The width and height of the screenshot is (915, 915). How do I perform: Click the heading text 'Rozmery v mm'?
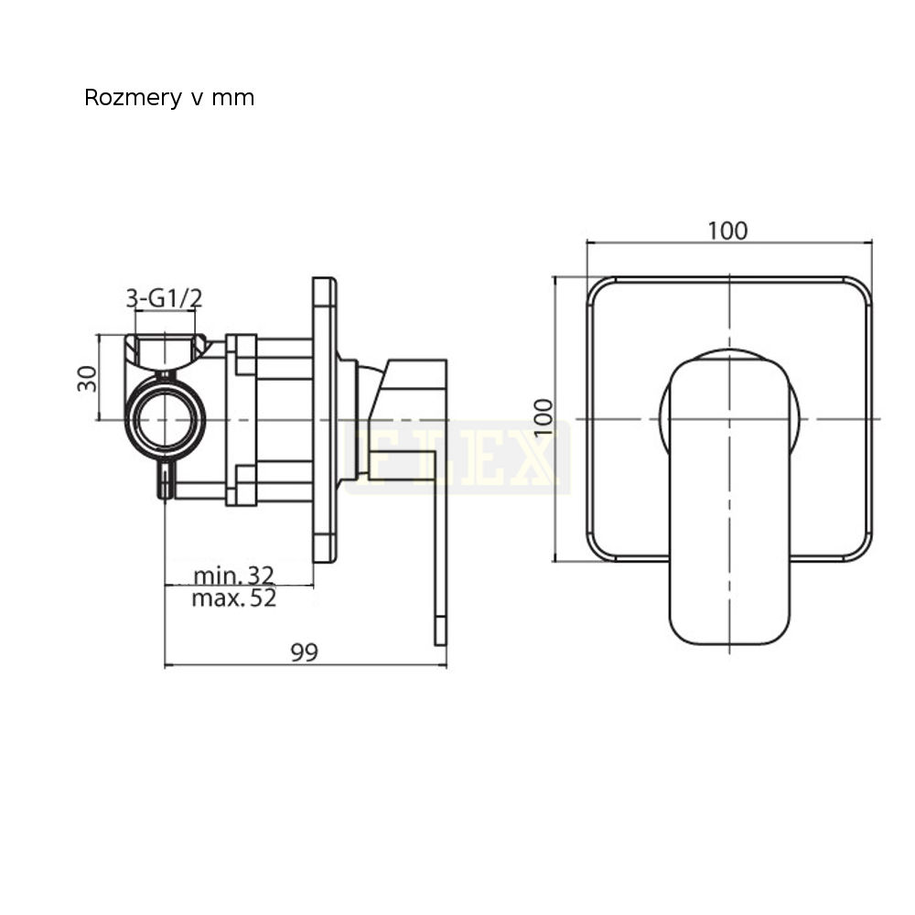pyautogui.click(x=169, y=98)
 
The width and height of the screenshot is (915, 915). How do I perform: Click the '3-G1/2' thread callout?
pyautogui.click(x=164, y=298)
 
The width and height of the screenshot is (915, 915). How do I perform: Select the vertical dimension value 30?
pyautogui.click(x=87, y=378)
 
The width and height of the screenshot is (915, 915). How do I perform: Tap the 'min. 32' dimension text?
pyautogui.click(x=233, y=576)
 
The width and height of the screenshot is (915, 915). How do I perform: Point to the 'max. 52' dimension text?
pyautogui.click(x=233, y=598)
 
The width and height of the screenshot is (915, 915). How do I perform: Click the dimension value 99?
pyautogui.click(x=305, y=652)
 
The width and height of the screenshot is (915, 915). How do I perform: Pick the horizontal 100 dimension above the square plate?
pyautogui.click(x=727, y=231)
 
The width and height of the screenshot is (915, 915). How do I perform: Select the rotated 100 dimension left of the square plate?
pyautogui.click(x=543, y=416)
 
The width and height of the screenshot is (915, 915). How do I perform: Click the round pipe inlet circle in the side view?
pyautogui.click(x=165, y=420)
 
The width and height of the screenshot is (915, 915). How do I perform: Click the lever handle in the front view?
pyautogui.click(x=729, y=501)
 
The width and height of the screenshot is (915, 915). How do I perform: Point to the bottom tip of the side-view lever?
pyautogui.click(x=440, y=645)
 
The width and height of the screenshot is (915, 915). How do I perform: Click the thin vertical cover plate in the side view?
pyautogui.click(x=325, y=420)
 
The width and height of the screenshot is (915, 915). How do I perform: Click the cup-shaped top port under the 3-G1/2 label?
pyautogui.click(x=165, y=352)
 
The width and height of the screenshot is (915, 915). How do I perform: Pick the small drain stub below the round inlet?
pyautogui.click(x=166, y=479)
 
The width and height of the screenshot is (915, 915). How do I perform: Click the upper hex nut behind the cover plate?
pyautogui.click(x=241, y=355)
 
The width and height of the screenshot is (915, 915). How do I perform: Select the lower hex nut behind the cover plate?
pyautogui.click(x=241, y=484)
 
